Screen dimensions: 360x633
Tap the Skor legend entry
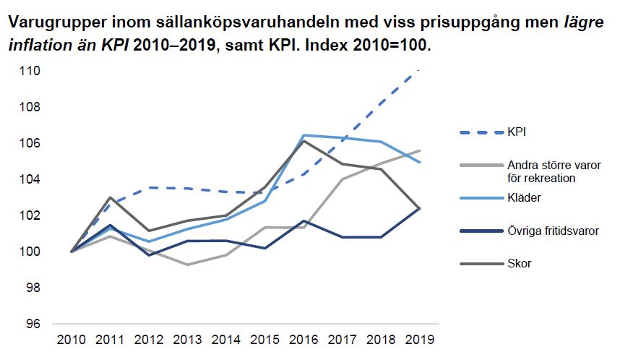pyautogui.click(x=504, y=264)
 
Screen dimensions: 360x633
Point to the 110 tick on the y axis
pyautogui.click(x=30, y=71)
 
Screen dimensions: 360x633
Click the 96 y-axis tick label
pyautogui.click(x=33, y=324)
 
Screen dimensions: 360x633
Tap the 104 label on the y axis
pyautogui.click(x=30, y=179)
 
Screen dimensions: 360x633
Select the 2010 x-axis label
pyautogui.click(x=72, y=339)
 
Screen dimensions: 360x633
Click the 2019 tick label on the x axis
pyautogui.click(x=420, y=339)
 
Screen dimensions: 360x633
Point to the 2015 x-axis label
pyautogui.click(x=265, y=339)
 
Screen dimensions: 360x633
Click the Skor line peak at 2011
pyautogui.click(x=111, y=197)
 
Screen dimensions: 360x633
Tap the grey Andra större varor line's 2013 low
pyautogui.click(x=188, y=265)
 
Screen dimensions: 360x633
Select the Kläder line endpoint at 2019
pyautogui.click(x=420, y=162)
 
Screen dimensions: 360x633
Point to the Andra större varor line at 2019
pyautogui.click(x=420, y=150)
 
